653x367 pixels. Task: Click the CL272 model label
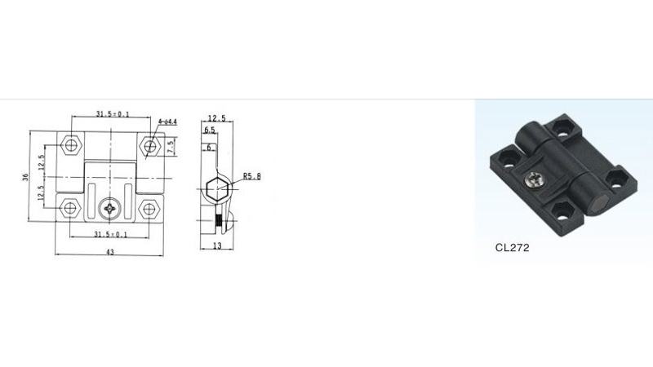tap(512, 248)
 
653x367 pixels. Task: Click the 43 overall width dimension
tap(110, 252)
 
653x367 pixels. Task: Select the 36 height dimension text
tap(26, 177)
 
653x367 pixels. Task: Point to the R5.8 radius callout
tap(252, 176)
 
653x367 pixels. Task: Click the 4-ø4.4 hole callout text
tap(167, 122)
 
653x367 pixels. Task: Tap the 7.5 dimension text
tap(171, 148)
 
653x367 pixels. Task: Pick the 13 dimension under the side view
tap(217, 246)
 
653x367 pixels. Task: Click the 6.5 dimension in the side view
tap(210, 130)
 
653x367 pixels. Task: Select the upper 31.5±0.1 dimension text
tap(113, 113)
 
